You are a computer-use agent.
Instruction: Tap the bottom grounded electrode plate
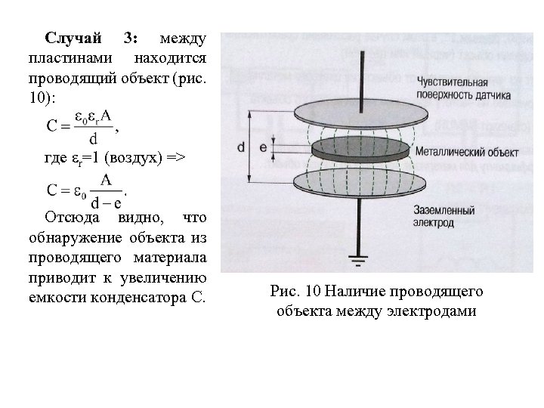(356, 181)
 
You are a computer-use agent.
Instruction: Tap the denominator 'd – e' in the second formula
(106, 202)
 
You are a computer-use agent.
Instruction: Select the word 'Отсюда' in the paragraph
(70, 218)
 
